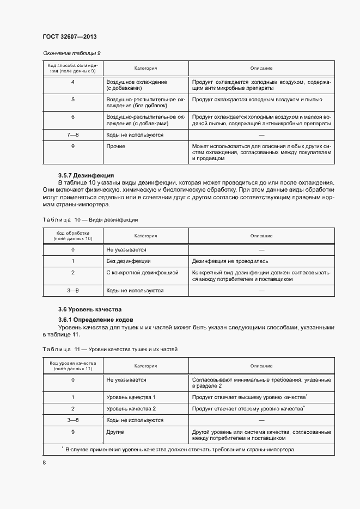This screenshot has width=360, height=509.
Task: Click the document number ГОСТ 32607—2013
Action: pyautogui.click(x=70, y=36)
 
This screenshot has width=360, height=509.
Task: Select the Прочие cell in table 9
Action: pyautogui.click(x=115, y=146)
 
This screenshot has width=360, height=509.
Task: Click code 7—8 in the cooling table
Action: pyautogui.click(x=72, y=134)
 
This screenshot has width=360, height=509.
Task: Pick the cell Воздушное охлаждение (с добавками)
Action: pyautogui.click(x=136, y=85)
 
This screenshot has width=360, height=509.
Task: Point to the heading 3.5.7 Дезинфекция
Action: pyautogui.click(x=86, y=175)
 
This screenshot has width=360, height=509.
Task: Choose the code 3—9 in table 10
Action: pyautogui.click(x=72, y=291)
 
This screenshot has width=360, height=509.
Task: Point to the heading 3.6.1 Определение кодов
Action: pyautogui.click(x=96, y=319)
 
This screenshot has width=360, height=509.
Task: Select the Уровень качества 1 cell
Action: pyautogui.click(x=131, y=397)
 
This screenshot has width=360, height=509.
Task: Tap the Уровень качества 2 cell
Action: pyautogui.click(x=131, y=408)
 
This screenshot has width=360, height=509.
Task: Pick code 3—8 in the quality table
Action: pyautogui.click(x=72, y=420)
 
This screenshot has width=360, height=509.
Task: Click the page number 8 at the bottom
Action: pyautogui.click(x=44, y=463)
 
